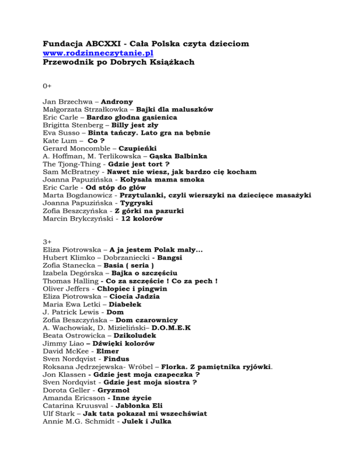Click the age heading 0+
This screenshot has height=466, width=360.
[x=47, y=86]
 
